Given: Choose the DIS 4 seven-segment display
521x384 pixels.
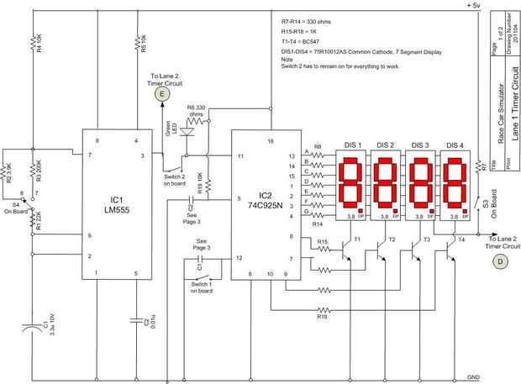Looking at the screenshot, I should [455, 183].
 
